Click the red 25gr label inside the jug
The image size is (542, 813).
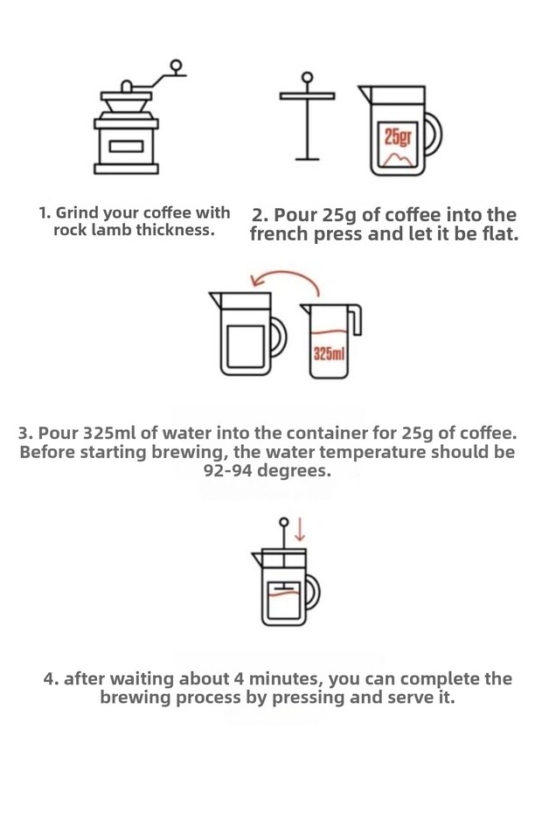[398, 137]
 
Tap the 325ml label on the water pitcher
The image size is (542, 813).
[329, 354]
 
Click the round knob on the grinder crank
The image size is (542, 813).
[177, 66]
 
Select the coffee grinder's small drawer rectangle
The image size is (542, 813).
[126, 146]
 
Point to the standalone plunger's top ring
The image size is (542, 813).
[308, 78]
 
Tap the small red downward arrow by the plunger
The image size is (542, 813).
[300, 529]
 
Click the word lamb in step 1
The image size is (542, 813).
[112, 230]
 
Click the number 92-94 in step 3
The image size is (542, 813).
[228, 471]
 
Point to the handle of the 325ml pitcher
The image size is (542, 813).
[356, 319]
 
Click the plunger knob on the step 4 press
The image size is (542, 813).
[283, 522]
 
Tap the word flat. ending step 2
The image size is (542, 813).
[500, 233]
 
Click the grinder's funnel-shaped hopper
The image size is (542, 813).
[126, 106]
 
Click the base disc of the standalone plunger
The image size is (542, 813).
[308, 158]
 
